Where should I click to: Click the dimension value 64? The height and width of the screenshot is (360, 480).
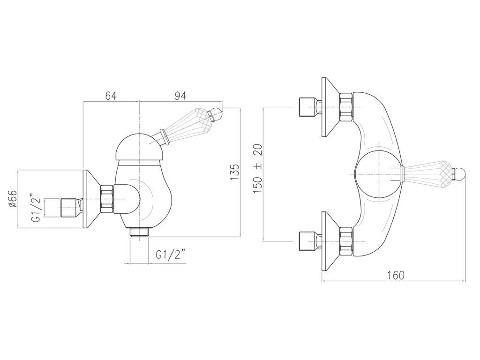pyautogui.click(x=111, y=96)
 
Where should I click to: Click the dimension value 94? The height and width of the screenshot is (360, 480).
pyautogui.click(x=180, y=96)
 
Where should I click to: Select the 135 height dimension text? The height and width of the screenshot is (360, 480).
pyautogui.click(x=235, y=172)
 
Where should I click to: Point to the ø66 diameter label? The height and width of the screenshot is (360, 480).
pyautogui.click(x=13, y=199)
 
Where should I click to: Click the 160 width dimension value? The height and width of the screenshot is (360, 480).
pyautogui.click(x=396, y=275)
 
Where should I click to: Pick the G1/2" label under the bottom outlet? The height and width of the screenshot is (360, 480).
pyautogui.click(x=170, y=255)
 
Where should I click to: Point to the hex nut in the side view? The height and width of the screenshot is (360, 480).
pyautogui.click(x=107, y=200)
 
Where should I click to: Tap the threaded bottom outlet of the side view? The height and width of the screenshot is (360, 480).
pyautogui.click(x=139, y=232)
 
